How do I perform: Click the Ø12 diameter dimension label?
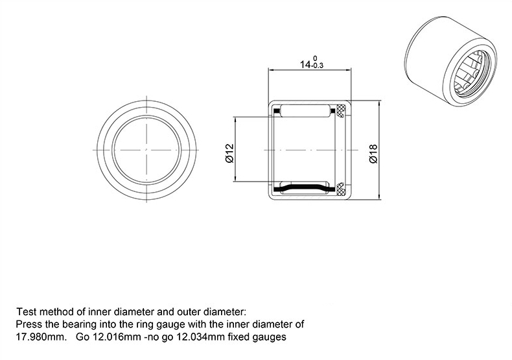pos(230,153)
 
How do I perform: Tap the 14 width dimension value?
pos(306,64)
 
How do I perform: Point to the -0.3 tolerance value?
pos(317,66)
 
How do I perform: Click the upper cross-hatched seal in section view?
pos(341,110)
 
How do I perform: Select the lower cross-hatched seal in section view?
pos(341,189)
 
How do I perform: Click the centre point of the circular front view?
pos(146,150)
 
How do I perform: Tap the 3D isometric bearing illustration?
pos(450,60)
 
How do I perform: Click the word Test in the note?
pos(27,311)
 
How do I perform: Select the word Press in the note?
pos(29,324)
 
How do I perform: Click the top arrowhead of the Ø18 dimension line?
pos(378,104)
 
